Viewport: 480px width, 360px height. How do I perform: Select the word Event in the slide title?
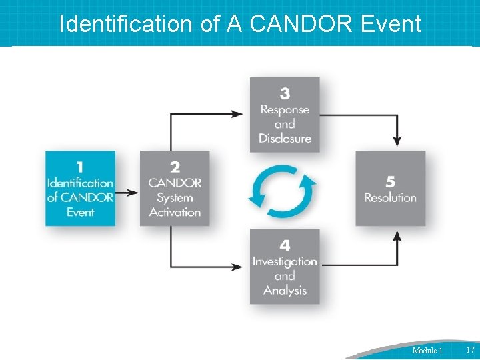(x=391, y=24)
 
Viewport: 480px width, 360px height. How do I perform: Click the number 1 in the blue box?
(x=80, y=167)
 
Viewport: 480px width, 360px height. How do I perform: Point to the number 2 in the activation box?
(x=175, y=167)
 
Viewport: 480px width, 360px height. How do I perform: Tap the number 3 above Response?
(x=285, y=93)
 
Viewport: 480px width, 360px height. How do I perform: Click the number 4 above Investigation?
(x=285, y=246)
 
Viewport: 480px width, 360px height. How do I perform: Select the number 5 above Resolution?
(x=391, y=181)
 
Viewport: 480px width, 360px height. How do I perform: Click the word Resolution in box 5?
(x=391, y=197)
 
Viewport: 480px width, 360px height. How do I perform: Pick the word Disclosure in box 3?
(x=285, y=139)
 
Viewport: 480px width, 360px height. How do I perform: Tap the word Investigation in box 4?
(x=285, y=261)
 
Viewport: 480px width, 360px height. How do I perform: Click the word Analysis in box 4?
(x=285, y=291)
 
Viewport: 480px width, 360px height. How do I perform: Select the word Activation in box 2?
(x=175, y=213)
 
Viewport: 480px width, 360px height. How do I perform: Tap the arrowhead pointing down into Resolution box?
(x=397, y=141)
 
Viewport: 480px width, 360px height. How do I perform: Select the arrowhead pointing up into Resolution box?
(x=397, y=236)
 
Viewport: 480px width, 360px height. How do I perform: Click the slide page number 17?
(x=470, y=350)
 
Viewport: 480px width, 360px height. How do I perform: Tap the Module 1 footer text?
(x=427, y=351)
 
